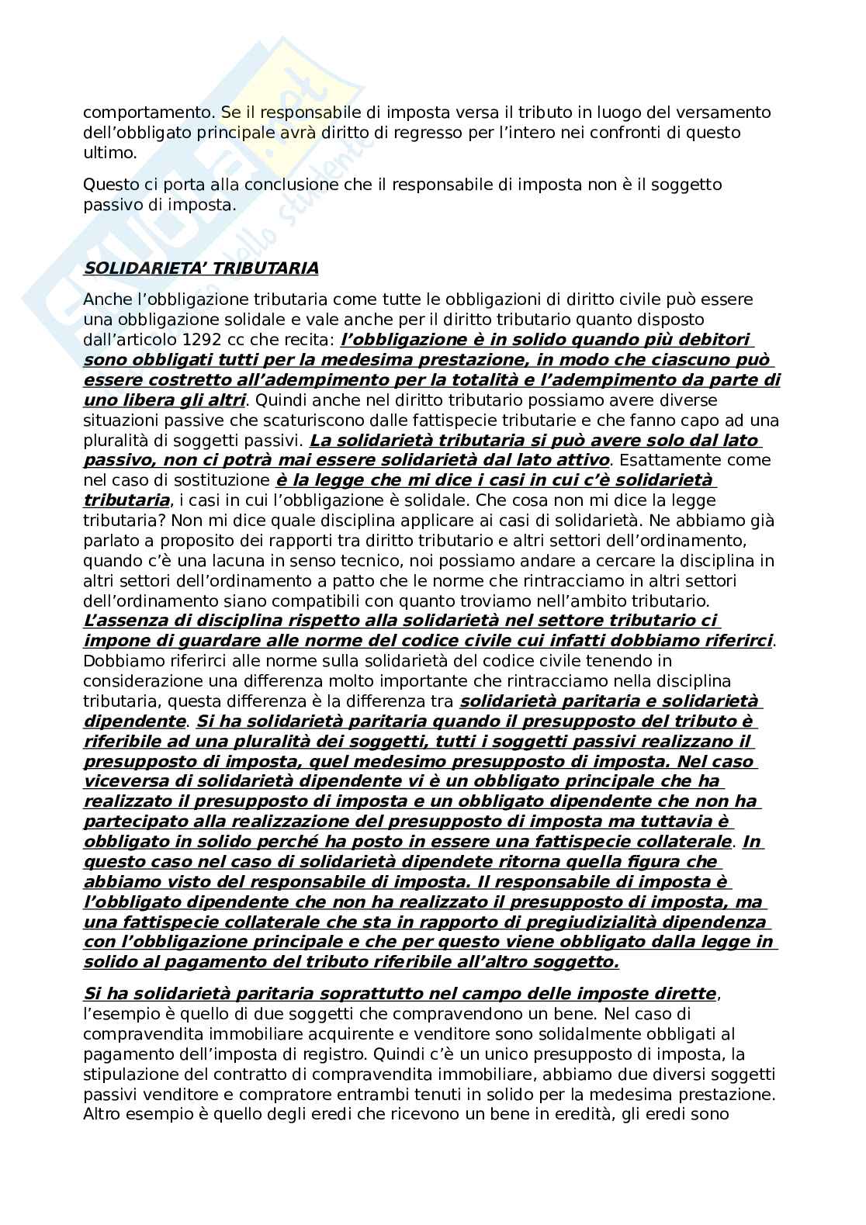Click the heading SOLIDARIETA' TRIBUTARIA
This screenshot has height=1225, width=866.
[201, 268]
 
